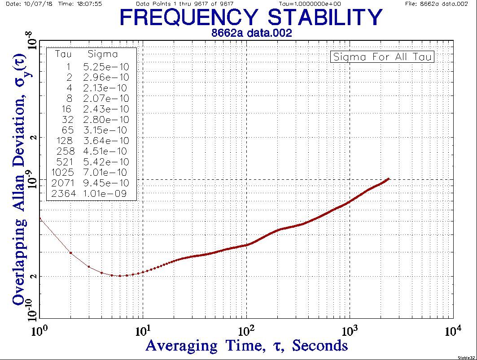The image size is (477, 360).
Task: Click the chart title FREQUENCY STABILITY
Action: click(x=251, y=18)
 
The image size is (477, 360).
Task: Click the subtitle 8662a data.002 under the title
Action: click(x=251, y=33)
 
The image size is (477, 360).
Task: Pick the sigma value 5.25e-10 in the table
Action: click(x=106, y=66)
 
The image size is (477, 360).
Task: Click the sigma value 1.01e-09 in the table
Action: click(x=106, y=194)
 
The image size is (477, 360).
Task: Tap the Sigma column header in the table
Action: click(x=103, y=55)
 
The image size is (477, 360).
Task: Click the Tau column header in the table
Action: click(x=64, y=55)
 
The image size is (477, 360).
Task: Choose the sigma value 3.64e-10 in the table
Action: click(x=106, y=141)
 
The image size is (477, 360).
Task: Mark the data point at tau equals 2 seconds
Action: click(x=71, y=253)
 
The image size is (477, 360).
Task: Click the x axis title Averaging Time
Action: click(x=246, y=346)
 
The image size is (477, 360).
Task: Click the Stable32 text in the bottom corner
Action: click(x=465, y=357)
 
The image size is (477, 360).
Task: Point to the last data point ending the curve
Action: click(x=388, y=179)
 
